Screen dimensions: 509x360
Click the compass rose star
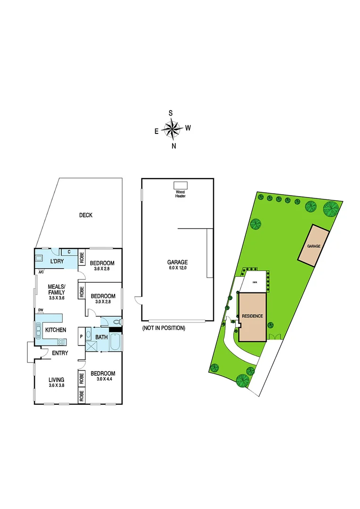172,129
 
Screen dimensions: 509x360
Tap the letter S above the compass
171,113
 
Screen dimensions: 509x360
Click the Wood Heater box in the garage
180,185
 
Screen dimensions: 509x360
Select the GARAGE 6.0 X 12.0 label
178,265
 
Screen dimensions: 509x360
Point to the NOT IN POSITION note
164,328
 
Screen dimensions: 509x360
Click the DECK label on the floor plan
85,215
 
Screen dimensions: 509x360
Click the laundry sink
40,259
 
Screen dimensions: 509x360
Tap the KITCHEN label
56,330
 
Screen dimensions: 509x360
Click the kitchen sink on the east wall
36,330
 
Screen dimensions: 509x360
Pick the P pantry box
82,337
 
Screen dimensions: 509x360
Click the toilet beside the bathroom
117,321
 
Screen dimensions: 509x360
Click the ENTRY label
60,353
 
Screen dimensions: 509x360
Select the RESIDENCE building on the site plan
252,317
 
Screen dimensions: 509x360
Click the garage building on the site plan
313,246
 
